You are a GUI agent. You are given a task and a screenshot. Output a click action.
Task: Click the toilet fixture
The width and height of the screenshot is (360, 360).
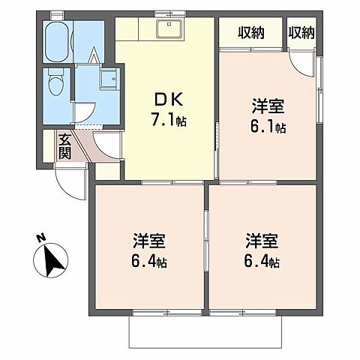55,84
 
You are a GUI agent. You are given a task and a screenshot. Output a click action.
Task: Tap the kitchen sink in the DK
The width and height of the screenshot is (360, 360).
165,31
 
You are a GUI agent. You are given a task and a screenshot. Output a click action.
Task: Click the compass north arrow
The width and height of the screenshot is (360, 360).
52,262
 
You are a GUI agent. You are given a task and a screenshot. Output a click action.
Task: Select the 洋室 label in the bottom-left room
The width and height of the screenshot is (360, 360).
148,241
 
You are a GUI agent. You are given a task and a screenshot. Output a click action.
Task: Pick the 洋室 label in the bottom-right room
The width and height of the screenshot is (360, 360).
262,241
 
